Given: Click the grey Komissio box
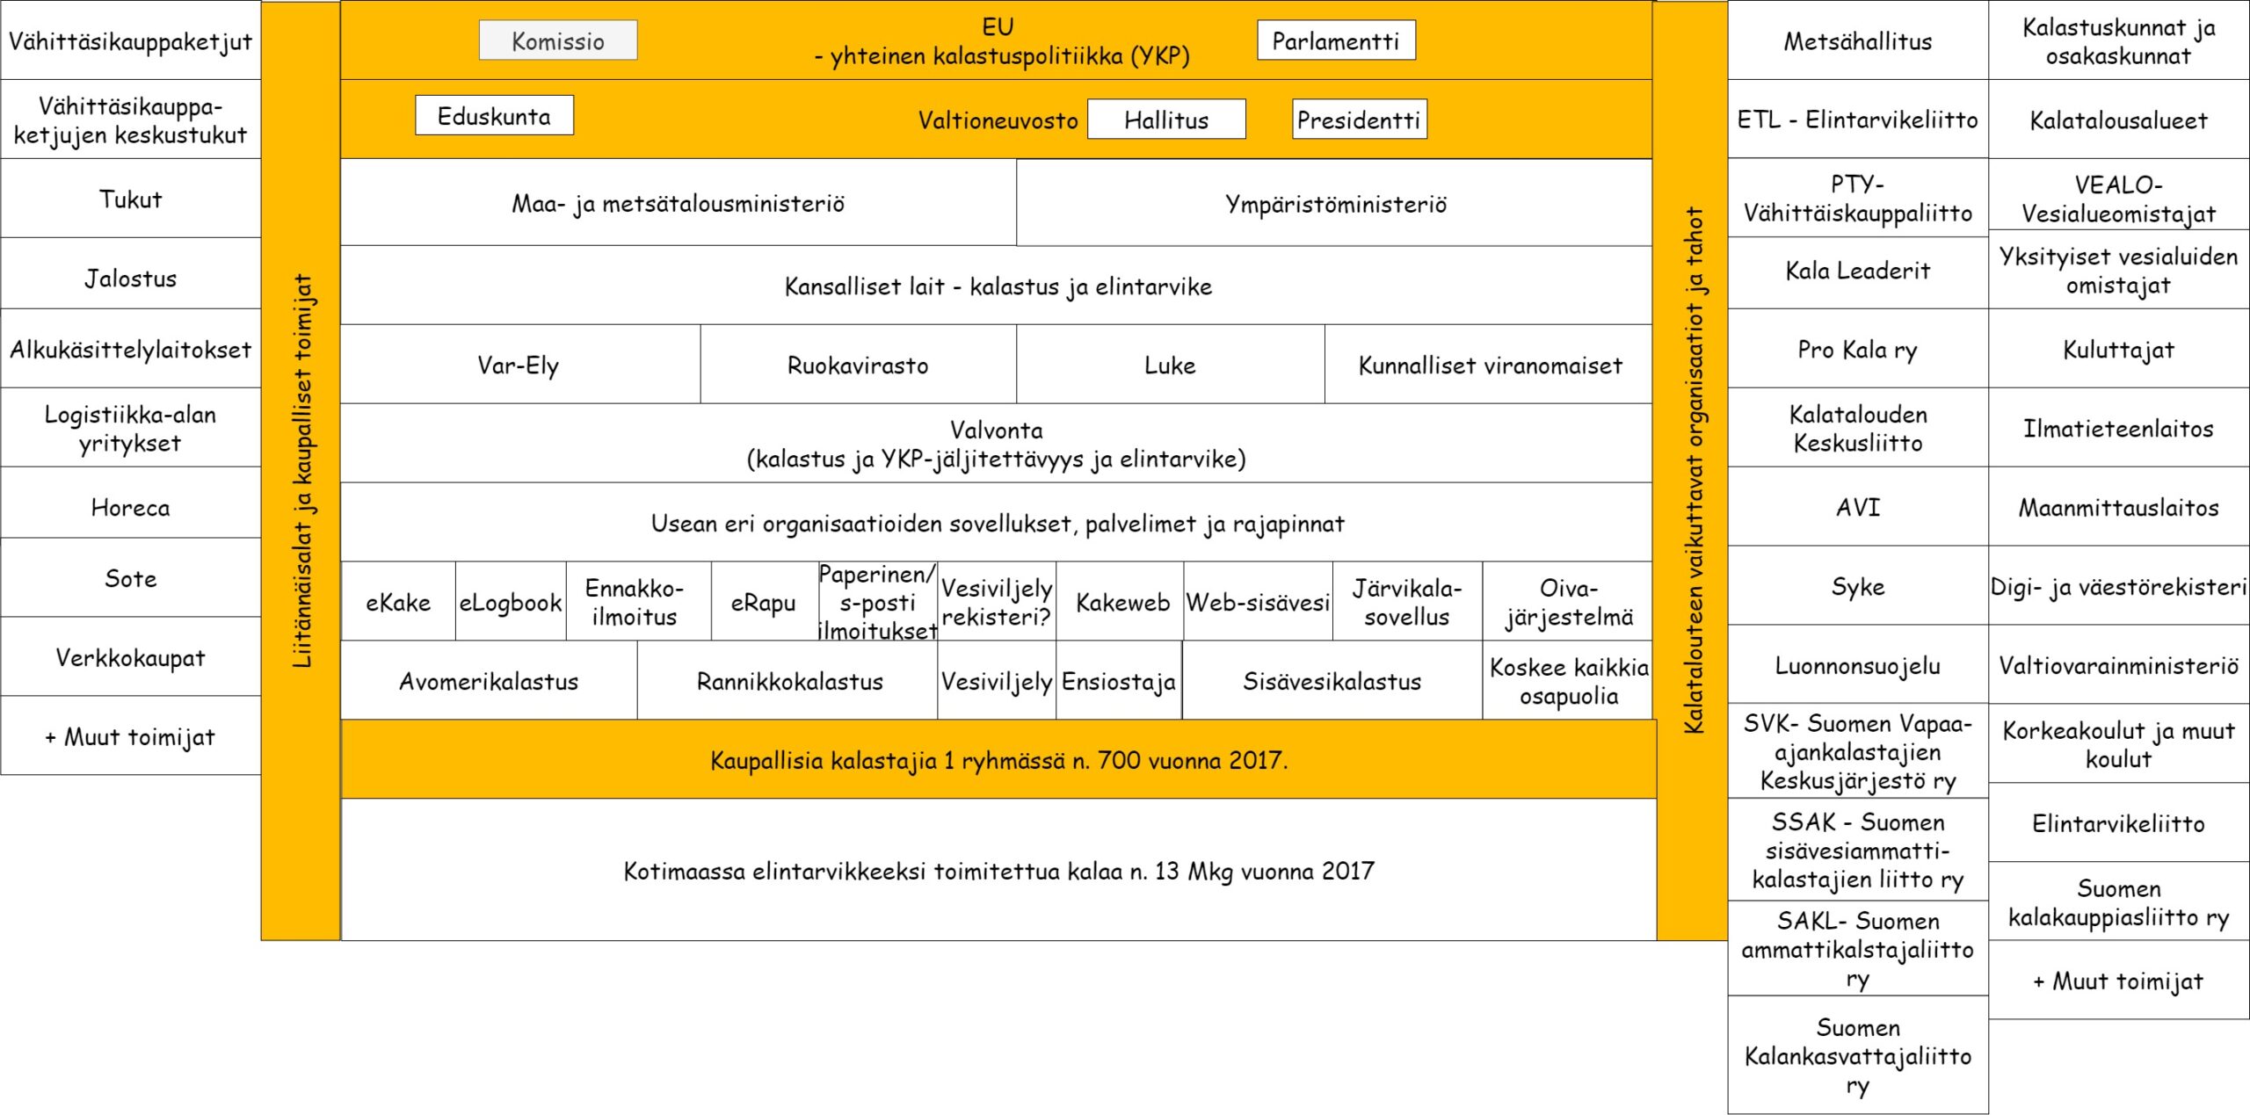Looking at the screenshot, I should coord(557,40).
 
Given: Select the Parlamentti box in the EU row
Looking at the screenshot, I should coord(1335,40).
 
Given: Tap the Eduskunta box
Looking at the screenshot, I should coord(494,116).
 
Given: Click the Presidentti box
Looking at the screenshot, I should coord(1359,119).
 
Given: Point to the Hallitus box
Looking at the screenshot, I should coord(1166,119).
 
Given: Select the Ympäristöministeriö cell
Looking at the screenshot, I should coord(1335,204).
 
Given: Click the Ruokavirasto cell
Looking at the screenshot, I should coord(858,365).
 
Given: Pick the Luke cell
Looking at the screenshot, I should coord(1170,365).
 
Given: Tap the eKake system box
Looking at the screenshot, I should coord(398,602).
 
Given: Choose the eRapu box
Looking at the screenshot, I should coord(763,602).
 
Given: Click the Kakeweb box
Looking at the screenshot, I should coord(1122,602).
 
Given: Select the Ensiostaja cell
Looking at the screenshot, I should coord(1118,681).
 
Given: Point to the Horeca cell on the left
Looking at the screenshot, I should coord(130,507).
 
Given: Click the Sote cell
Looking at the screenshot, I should coord(130,578).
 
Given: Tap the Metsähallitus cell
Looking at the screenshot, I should coord(1857,40).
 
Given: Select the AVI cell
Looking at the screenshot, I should coord(1857,507).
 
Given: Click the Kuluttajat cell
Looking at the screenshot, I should coord(2118,350).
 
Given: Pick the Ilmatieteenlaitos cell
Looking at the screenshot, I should coord(2118,429).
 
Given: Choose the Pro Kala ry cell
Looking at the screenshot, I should coord(1857,350).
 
